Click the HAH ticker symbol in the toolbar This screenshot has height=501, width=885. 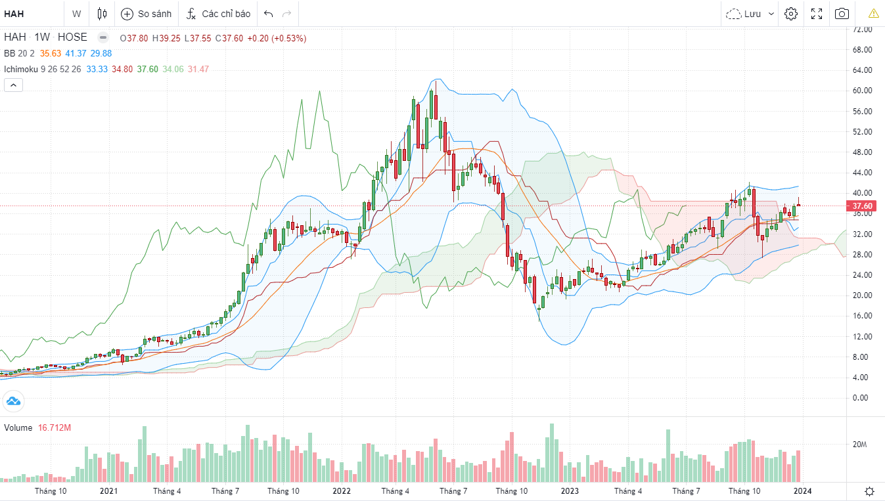[x=14, y=14]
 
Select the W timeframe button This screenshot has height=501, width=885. [x=77, y=14]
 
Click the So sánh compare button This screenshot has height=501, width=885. [x=146, y=14]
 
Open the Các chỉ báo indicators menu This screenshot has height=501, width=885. [x=218, y=14]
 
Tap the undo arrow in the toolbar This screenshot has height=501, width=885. [x=268, y=14]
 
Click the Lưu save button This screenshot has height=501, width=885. [x=750, y=14]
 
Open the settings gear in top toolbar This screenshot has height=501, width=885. [x=791, y=14]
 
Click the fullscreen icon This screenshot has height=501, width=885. [x=817, y=14]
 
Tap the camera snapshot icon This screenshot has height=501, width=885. [x=842, y=14]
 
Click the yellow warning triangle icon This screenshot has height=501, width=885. [x=873, y=14]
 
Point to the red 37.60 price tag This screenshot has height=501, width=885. [x=862, y=206]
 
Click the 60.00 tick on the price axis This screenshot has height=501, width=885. [x=862, y=91]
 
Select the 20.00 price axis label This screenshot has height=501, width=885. [x=862, y=295]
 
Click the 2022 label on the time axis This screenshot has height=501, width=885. [x=342, y=490]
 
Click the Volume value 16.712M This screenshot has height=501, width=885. [x=55, y=428]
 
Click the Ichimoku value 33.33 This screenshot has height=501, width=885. [x=97, y=69]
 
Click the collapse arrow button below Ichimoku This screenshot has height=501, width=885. [x=13, y=85]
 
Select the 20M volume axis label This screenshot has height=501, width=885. [x=859, y=445]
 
